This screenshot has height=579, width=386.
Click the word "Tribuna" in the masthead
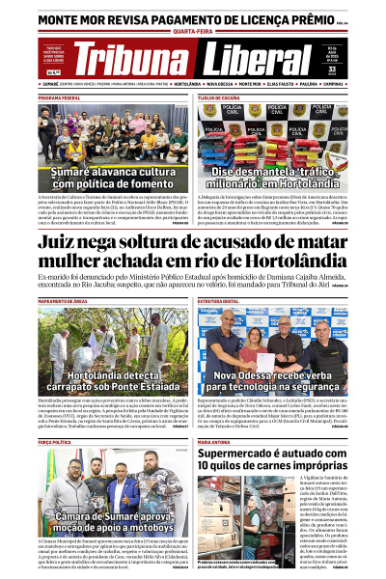click(x=131, y=60)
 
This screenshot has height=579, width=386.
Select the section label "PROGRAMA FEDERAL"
click(x=59, y=98)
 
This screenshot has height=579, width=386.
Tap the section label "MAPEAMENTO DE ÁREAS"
click(x=63, y=301)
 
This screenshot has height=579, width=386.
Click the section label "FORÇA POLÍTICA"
click(x=54, y=441)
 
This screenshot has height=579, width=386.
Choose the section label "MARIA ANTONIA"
click(x=213, y=441)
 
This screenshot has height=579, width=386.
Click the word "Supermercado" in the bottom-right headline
click(x=241, y=455)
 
